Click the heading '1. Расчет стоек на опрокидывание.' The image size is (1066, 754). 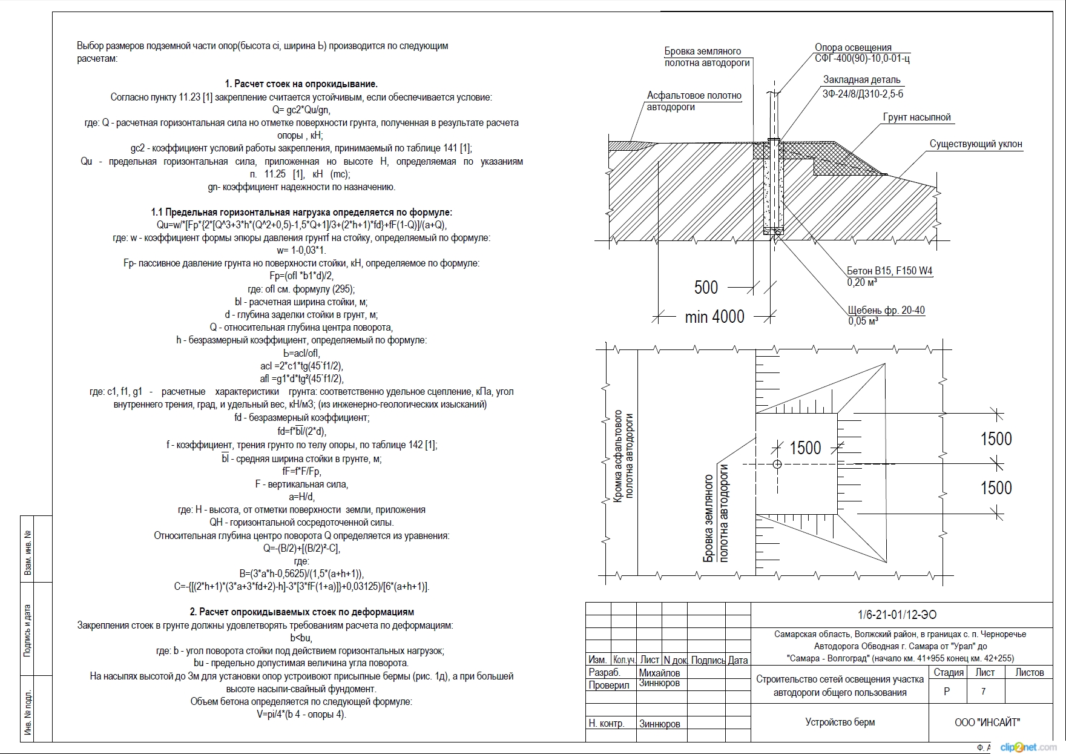point(301,84)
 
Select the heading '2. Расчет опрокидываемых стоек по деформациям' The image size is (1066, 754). point(301,612)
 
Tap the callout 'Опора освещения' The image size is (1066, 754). point(853,47)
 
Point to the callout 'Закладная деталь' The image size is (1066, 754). point(861,80)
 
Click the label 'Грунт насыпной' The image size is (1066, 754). point(916,117)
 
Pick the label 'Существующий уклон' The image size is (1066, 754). point(975,144)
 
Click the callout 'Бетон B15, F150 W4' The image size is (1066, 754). point(889,271)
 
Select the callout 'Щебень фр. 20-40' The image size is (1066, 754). point(886,310)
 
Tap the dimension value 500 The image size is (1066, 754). point(706,287)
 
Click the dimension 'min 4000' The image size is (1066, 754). point(714,316)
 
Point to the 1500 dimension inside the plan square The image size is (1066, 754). point(805,448)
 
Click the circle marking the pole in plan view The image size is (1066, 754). point(777,465)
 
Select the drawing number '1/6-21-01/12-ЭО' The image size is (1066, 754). point(897,615)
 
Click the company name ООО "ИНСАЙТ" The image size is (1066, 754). point(987,722)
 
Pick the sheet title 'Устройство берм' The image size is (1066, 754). point(840,722)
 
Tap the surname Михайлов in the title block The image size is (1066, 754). point(659,673)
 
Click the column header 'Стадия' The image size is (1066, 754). point(948,672)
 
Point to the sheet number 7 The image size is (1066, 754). point(983,691)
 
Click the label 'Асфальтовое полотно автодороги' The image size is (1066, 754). point(694,101)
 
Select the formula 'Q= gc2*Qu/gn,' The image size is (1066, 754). point(301,110)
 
